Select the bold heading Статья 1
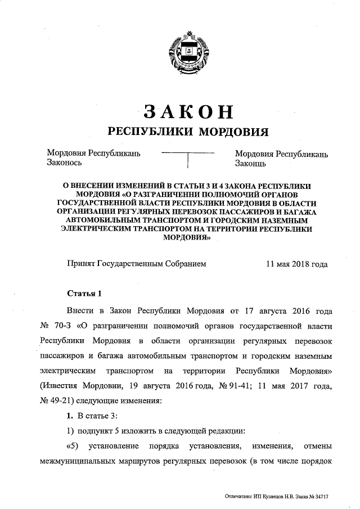(x=84, y=293)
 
